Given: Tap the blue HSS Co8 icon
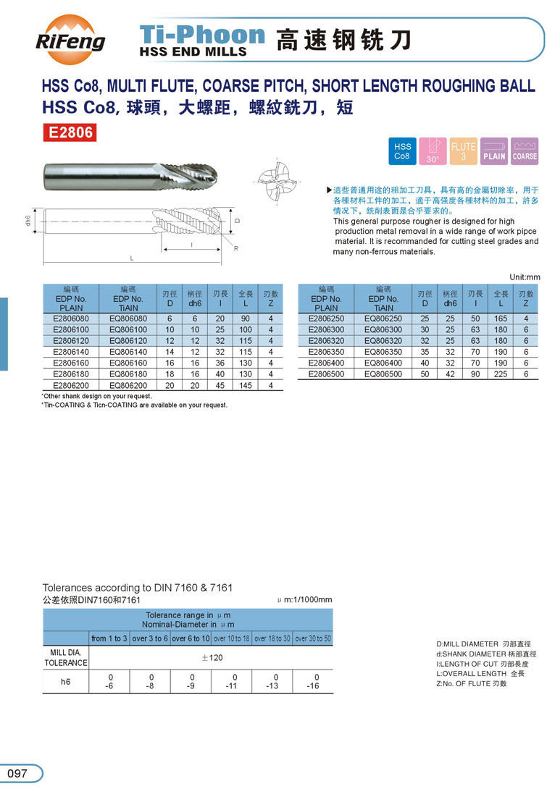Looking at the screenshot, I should (x=402, y=151).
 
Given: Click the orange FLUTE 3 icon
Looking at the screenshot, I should (x=463, y=151).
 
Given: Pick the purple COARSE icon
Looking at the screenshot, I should (x=525, y=151).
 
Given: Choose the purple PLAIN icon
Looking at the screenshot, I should (x=494, y=151).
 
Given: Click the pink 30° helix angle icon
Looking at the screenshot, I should (x=433, y=151).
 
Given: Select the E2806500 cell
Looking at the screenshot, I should (x=326, y=374).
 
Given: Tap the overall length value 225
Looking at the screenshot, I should (x=501, y=374).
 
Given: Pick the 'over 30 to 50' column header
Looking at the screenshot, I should (x=313, y=638).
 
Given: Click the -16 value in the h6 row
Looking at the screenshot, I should (x=313, y=686).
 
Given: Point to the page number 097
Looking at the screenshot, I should (x=17, y=773).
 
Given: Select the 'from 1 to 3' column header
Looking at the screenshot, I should (x=109, y=638).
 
